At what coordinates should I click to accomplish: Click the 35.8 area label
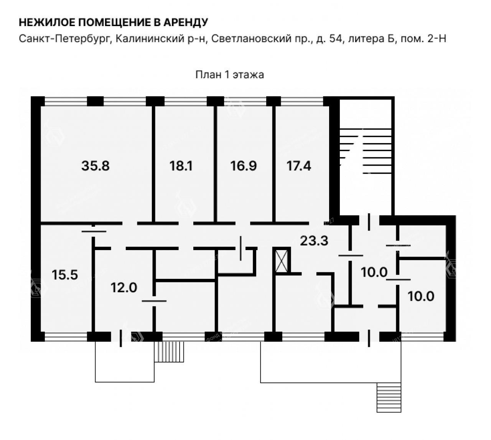(95, 166)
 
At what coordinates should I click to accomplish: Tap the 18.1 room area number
(181, 166)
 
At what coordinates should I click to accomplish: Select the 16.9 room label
(243, 166)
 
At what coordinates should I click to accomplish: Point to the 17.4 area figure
(298, 166)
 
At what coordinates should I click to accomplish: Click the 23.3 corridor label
(314, 241)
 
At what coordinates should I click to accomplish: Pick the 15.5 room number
(65, 275)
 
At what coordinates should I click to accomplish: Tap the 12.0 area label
(124, 287)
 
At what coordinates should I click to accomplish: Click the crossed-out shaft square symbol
(282, 261)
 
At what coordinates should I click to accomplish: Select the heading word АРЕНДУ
(185, 23)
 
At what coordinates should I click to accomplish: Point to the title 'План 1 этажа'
(229, 75)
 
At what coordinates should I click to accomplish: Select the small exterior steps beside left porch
(169, 352)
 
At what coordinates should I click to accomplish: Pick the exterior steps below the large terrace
(389, 397)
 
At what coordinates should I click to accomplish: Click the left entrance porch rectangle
(125, 362)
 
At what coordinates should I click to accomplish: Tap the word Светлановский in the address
(251, 39)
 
